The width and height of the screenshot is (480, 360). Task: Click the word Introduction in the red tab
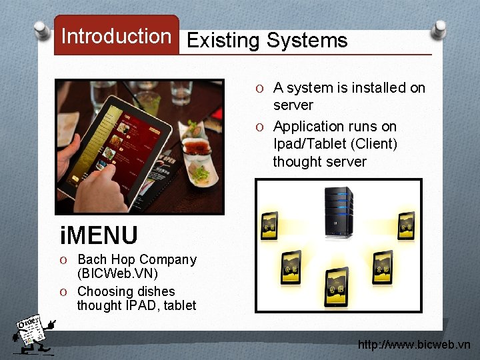[x=116, y=36]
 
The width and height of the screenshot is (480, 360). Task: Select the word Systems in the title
[x=307, y=41]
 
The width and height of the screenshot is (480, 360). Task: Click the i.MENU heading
[x=99, y=235]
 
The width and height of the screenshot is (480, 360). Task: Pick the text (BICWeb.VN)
[x=117, y=274]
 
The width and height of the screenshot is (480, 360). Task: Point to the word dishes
[x=158, y=291]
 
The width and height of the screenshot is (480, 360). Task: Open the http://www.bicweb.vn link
[x=414, y=345]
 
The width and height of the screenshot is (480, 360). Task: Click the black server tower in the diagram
[x=338, y=213]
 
